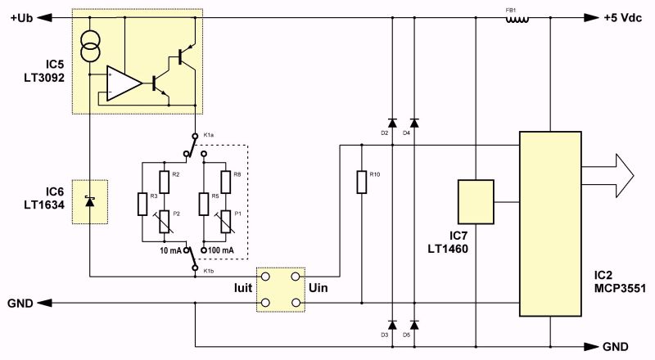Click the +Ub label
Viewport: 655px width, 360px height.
click(22, 18)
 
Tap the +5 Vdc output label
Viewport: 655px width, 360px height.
click(622, 18)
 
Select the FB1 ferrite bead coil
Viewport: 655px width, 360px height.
click(517, 19)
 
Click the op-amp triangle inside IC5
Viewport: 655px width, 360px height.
click(124, 83)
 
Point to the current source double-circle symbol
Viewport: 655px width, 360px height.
click(90, 46)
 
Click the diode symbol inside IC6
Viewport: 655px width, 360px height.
click(89, 201)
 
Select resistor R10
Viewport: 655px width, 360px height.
click(362, 182)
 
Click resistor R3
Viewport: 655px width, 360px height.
click(142, 204)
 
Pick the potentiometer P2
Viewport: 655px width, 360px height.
click(165, 222)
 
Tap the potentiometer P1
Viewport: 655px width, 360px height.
click(226, 222)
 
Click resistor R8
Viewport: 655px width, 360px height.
click(226, 182)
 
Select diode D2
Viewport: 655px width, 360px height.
click(392, 123)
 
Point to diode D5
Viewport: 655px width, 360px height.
click(414, 325)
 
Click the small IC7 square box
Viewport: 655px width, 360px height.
click(476, 202)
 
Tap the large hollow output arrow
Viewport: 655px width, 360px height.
click(608, 175)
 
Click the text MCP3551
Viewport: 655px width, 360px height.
click(620, 289)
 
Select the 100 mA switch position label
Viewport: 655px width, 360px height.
click(220, 250)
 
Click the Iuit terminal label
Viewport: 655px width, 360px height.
click(243, 288)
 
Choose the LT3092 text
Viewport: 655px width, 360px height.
click(44, 78)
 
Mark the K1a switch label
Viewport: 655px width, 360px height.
click(209, 135)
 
